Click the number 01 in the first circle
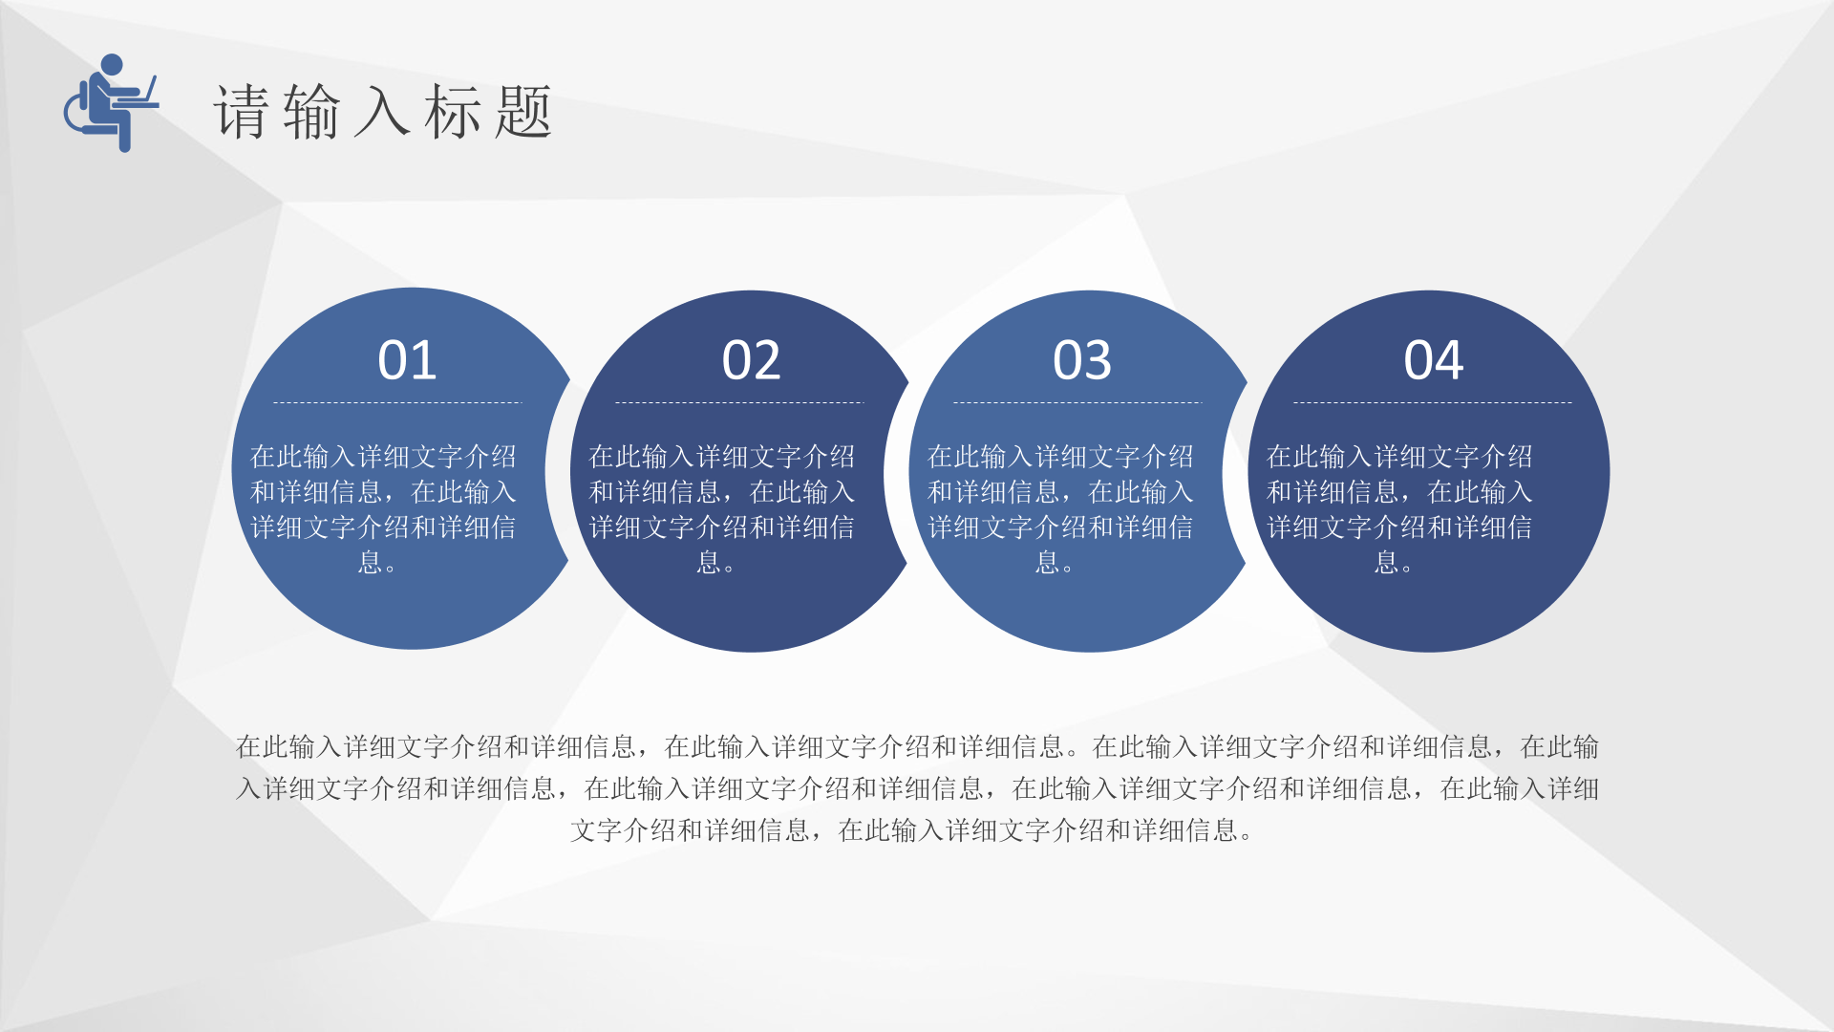pyautogui.click(x=407, y=360)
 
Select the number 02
pyautogui.click(x=751, y=360)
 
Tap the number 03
pyautogui.click(x=1082, y=360)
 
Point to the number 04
pyautogui.click(x=1433, y=360)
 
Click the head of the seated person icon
pyautogui.click(x=112, y=65)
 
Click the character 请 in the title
pyautogui.click(x=242, y=112)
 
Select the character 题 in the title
pyautogui.click(x=524, y=112)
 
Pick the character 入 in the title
pyautogui.click(x=383, y=112)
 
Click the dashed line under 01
pyautogui.click(x=397, y=402)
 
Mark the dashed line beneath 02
pyautogui.click(x=739, y=402)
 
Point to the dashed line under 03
pyautogui.click(x=1077, y=402)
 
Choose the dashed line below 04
pyautogui.click(x=1433, y=402)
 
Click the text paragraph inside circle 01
pyautogui.click(x=383, y=509)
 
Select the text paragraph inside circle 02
pyautogui.click(x=721, y=509)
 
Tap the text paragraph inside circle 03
pyautogui.click(x=1060, y=509)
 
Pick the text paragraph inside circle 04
pyautogui.click(x=1399, y=509)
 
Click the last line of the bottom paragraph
pyautogui.click(x=912, y=830)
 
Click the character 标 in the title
pyautogui.click(x=454, y=112)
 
